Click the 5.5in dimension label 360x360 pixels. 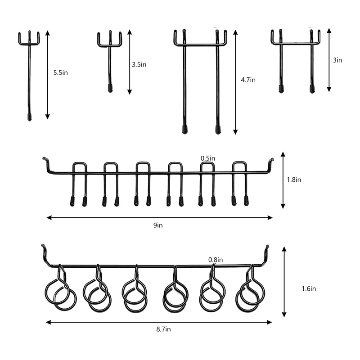tap(61, 73)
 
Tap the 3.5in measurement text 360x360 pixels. tap(139, 64)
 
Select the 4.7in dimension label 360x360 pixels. tap(248, 80)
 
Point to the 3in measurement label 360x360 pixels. tap(337, 60)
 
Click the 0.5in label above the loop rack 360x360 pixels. tap(208, 158)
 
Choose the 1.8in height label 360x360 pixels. tap(294, 180)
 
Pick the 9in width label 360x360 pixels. tap(158, 225)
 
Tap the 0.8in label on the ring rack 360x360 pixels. tap(216, 260)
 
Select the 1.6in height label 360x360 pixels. tap(309, 288)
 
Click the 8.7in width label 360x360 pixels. tap(163, 329)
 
